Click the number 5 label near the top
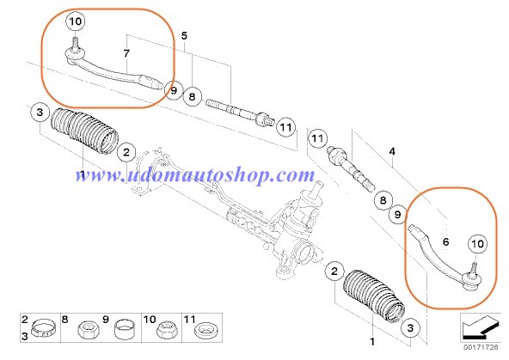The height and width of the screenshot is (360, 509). (x=184, y=36)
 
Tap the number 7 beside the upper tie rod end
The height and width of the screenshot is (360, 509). (x=126, y=53)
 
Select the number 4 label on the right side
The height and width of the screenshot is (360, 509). (x=392, y=151)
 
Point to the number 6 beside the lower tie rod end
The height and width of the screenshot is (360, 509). (x=445, y=241)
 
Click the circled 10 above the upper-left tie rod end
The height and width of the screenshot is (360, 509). (x=76, y=21)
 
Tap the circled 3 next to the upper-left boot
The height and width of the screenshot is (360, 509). (x=40, y=113)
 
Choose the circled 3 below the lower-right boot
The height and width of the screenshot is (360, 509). (x=410, y=328)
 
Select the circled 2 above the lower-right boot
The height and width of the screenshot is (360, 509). (x=334, y=271)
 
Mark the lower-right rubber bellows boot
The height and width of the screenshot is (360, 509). (x=374, y=296)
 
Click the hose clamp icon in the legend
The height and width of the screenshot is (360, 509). (x=43, y=328)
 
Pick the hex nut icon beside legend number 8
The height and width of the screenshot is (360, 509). (x=89, y=330)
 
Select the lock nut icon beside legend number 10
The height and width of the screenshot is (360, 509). (x=167, y=329)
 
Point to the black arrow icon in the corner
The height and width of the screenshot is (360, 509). (x=481, y=326)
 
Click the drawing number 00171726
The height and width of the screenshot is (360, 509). (x=481, y=347)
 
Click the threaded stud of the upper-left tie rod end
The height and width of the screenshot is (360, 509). (x=75, y=43)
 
